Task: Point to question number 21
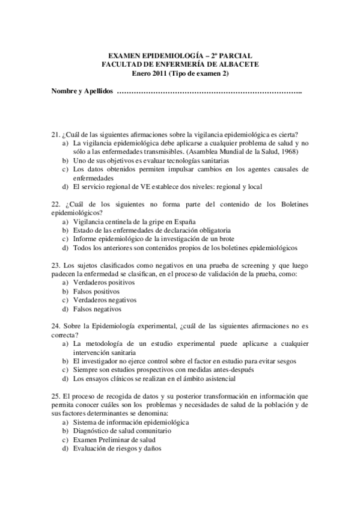pyautogui.click(x=56, y=135)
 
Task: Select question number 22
pyautogui.click(x=56, y=204)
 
